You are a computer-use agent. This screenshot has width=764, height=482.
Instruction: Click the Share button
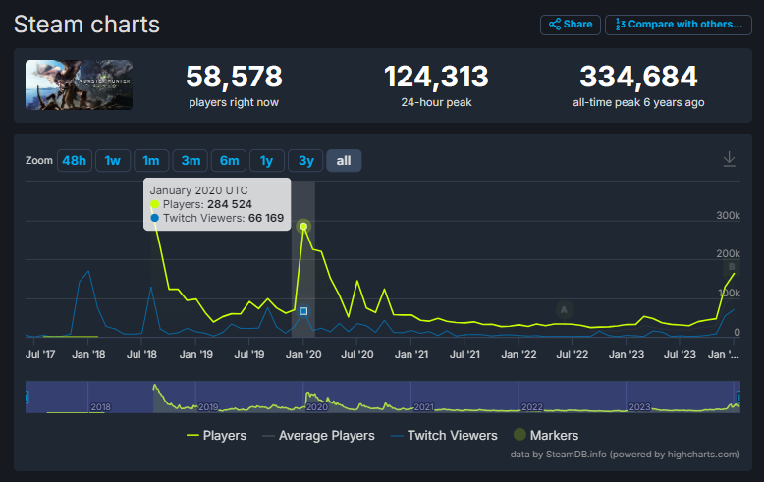pyautogui.click(x=571, y=25)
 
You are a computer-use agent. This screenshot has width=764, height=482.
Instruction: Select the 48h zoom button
pyautogui.click(x=74, y=161)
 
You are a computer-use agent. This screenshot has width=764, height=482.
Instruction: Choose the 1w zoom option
pyautogui.click(x=113, y=161)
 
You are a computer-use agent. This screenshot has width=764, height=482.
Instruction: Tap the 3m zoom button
pyautogui.click(x=191, y=161)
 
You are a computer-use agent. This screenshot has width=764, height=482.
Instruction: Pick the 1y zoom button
pyautogui.click(x=266, y=161)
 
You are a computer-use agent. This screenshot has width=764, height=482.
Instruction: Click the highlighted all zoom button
pyautogui.click(x=344, y=161)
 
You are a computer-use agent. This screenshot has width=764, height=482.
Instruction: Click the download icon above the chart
pyautogui.click(x=729, y=159)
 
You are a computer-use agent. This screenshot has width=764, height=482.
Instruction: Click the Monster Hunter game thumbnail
pyautogui.click(x=79, y=84)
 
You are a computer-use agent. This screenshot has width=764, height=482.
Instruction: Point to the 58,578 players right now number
pyautogui.click(x=234, y=77)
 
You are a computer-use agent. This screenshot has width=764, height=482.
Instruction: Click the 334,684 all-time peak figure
pyautogui.click(x=638, y=77)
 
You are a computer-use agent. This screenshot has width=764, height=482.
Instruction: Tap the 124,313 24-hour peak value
pyautogui.click(x=436, y=77)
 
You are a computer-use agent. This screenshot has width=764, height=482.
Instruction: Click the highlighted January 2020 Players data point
pyautogui.click(x=303, y=226)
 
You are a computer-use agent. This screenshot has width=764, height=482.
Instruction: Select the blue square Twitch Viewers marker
pyautogui.click(x=303, y=311)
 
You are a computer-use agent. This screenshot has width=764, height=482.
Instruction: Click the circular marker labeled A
pyautogui.click(x=564, y=309)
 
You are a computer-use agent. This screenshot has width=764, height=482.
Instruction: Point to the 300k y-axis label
pyautogui.click(x=728, y=216)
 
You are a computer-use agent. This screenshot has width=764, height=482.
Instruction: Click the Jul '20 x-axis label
pyautogui.click(x=357, y=355)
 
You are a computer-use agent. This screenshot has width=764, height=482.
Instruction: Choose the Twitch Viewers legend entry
pyautogui.click(x=444, y=435)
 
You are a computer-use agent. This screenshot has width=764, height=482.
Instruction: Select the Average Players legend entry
pyautogui.click(x=318, y=435)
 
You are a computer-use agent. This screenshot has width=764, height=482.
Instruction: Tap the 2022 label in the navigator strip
pyautogui.click(x=532, y=407)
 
